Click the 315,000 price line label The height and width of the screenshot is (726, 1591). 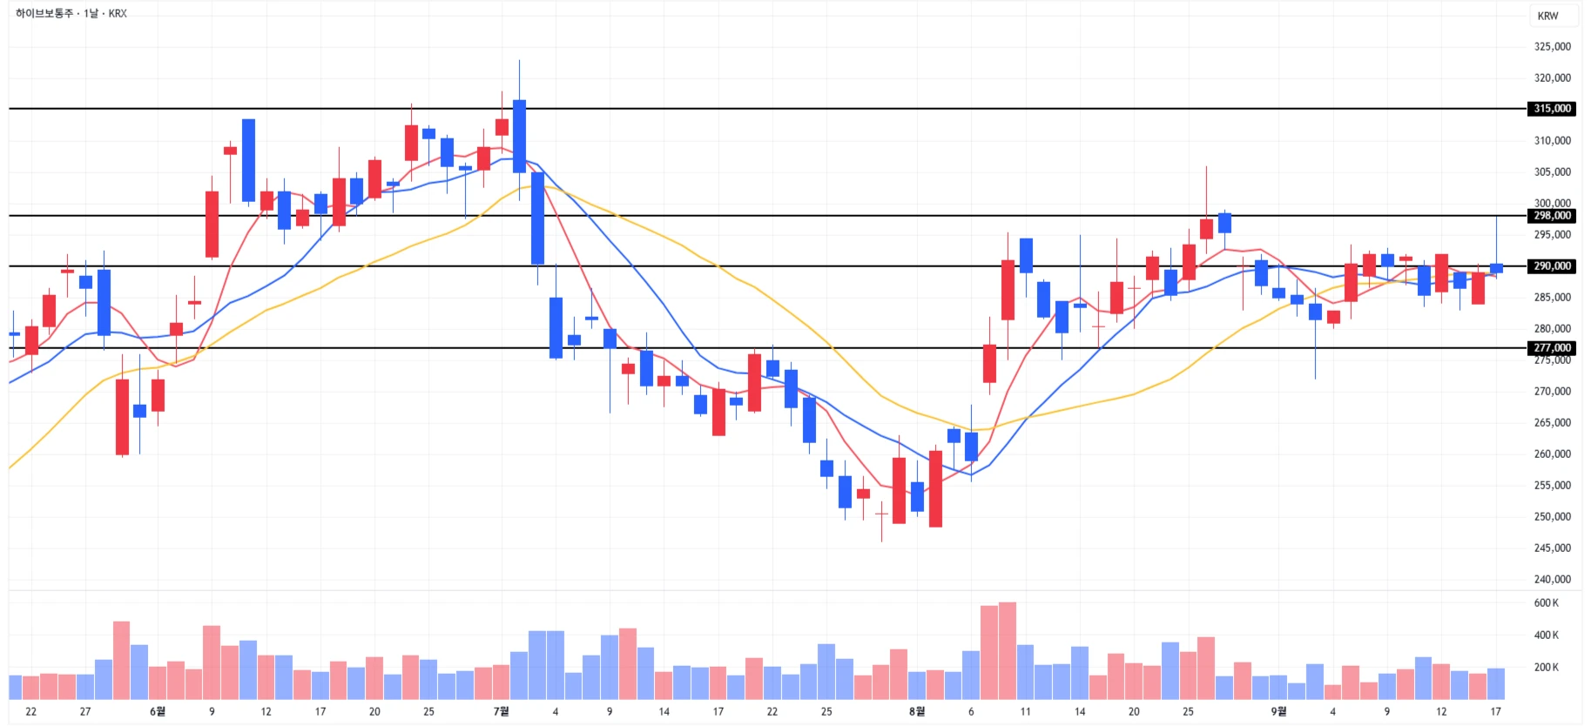coord(1552,109)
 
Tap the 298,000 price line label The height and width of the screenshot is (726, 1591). coord(1552,216)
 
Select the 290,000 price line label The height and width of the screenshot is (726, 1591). coord(1552,266)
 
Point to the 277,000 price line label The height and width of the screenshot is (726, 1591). coord(1552,348)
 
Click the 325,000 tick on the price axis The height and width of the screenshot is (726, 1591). coord(1552,47)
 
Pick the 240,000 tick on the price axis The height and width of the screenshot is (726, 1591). coord(1552,580)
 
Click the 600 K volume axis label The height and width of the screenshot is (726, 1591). coord(1547,603)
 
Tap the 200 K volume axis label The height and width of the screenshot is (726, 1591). coord(1547,668)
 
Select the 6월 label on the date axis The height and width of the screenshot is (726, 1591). coord(158,712)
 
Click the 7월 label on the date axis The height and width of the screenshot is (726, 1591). coord(501,712)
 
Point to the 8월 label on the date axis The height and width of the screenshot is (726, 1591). coord(917,712)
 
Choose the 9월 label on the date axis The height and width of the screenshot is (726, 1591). coord(1278,712)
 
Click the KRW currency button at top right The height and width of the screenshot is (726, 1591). coord(1547,16)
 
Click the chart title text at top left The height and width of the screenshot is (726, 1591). coord(71,14)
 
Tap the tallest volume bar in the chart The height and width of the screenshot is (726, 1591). coord(1008,650)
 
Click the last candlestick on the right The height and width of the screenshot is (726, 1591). coord(1496,267)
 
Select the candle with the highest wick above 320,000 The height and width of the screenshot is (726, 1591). coord(519,136)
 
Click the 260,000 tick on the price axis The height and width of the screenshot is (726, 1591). coord(1552,454)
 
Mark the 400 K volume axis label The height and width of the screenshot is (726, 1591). coord(1547,635)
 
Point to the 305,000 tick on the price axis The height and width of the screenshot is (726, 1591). coord(1552,172)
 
